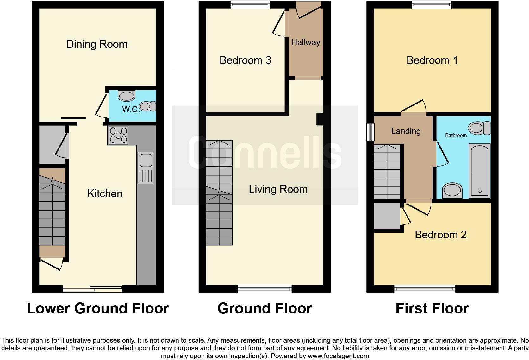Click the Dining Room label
click(x=97, y=44)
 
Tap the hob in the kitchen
click(x=118, y=135)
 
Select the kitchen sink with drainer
click(x=146, y=168)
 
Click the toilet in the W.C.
click(x=147, y=106)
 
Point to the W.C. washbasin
click(x=126, y=95)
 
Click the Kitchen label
click(x=105, y=193)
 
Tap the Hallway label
click(x=306, y=42)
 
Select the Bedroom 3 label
click(x=245, y=60)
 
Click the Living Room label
click(x=278, y=189)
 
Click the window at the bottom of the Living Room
click(x=264, y=288)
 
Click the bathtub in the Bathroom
click(x=480, y=171)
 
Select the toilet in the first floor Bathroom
click(x=479, y=128)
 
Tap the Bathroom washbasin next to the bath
click(x=452, y=191)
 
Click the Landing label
click(x=406, y=131)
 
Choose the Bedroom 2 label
click(x=440, y=235)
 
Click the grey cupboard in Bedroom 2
click(x=387, y=216)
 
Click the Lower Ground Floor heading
click(x=98, y=308)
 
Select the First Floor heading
click(x=432, y=308)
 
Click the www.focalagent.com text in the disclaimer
click(x=338, y=356)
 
